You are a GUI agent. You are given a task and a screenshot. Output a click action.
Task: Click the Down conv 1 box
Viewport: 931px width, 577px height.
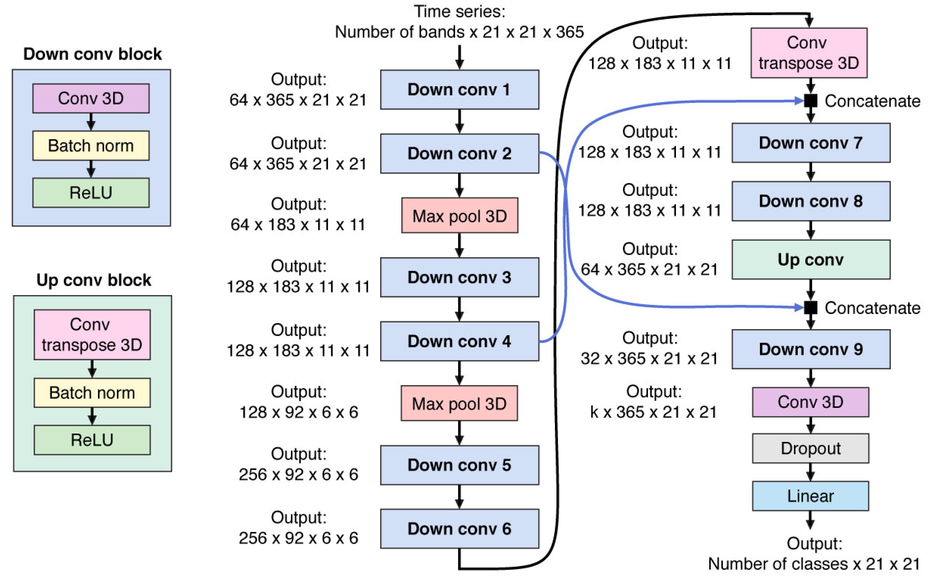click(x=459, y=90)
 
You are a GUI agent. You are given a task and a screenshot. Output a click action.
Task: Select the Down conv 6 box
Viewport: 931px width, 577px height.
click(x=459, y=529)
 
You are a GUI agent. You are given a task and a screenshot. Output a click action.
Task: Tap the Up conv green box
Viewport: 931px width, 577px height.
click(x=810, y=260)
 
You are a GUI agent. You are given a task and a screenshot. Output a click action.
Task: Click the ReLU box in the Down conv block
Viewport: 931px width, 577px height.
click(x=91, y=193)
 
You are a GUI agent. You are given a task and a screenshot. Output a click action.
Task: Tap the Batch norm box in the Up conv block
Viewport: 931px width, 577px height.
click(x=92, y=393)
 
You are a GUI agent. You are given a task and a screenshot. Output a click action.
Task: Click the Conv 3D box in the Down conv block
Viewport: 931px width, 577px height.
click(x=91, y=99)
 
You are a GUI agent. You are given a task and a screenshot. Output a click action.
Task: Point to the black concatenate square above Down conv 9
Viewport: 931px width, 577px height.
click(x=810, y=307)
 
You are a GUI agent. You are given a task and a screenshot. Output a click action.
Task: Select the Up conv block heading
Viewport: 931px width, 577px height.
click(x=94, y=280)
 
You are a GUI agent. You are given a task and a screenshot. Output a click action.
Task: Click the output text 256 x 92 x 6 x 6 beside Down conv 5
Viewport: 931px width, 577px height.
click(x=298, y=474)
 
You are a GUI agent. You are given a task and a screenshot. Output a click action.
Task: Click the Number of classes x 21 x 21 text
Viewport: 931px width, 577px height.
click(x=814, y=564)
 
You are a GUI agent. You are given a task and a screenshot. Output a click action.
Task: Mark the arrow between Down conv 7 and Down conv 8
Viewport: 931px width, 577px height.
click(x=810, y=172)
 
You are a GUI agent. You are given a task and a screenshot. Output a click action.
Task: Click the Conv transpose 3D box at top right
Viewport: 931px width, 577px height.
click(x=809, y=53)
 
